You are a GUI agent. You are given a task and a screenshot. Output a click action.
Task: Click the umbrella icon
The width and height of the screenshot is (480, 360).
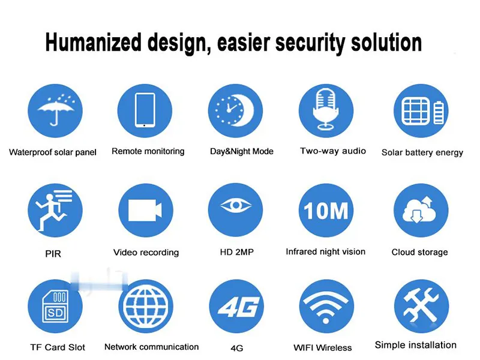click(55, 110)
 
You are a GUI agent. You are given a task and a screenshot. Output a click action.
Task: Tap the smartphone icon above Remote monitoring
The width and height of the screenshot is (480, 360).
click(145, 110)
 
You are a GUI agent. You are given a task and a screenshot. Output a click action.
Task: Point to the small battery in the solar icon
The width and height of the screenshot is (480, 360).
click(439, 113)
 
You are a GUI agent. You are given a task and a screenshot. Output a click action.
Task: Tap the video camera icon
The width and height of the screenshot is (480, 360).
click(145, 211)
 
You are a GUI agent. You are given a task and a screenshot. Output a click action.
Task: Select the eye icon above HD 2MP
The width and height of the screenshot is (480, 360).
click(235, 205)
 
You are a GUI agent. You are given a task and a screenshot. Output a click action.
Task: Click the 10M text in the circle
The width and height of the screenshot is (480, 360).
click(326, 211)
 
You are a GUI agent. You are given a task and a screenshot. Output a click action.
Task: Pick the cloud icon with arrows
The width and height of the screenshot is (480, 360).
click(419, 209)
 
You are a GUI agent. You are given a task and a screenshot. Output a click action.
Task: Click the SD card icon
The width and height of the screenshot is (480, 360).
click(55, 307)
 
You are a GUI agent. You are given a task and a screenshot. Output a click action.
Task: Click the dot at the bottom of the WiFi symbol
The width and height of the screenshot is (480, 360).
click(326, 321)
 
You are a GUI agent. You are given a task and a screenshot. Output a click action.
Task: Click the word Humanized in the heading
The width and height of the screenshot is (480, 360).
click(94, 42)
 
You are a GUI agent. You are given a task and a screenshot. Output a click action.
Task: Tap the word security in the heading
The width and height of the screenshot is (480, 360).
click(310, 44)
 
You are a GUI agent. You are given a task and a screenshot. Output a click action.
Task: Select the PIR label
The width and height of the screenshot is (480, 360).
click(53, 253)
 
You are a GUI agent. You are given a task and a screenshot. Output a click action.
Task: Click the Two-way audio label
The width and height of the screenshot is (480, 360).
click(333, 151)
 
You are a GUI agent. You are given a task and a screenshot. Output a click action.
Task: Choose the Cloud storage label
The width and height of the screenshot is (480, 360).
click(419, 252)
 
